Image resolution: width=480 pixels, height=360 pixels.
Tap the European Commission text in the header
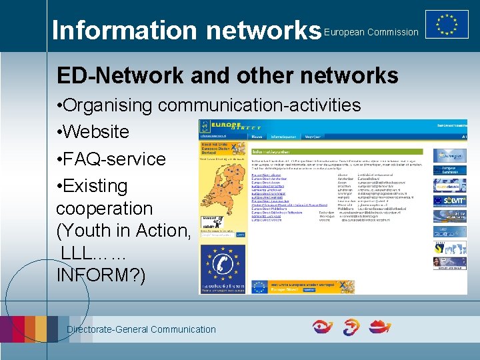[371, 32]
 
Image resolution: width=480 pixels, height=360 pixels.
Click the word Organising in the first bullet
[110, 105]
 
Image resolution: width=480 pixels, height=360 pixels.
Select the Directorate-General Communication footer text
[141, 329]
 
